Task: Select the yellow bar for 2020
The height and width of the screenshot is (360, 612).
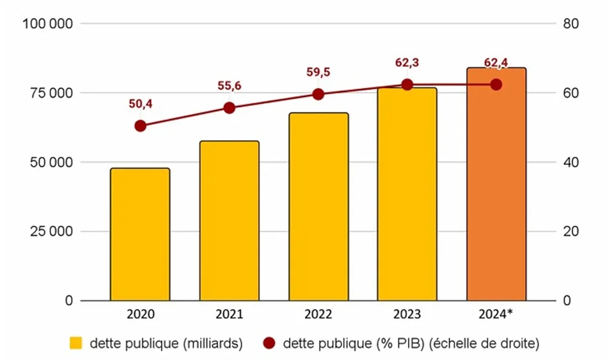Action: click(x=140, y=234)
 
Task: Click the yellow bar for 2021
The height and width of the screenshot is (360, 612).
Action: click(x=229, y=221)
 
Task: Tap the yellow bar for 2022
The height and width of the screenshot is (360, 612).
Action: click(x=319, y=206)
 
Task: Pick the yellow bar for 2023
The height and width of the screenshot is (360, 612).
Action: click(x=407, y=194)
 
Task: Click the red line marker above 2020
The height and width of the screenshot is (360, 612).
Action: click(x=140, y=126)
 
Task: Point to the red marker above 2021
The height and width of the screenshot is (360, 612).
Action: click(x=229, y=108)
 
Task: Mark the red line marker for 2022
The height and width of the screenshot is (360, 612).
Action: click(x=319, y=94)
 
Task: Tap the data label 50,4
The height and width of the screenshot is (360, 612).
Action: click(x=140, y=104)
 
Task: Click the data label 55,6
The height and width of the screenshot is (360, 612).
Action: click(x=229, y=86)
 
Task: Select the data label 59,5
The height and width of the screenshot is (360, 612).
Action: click(x=319, y=72)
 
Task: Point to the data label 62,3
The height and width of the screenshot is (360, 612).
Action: click(x=407, y=62)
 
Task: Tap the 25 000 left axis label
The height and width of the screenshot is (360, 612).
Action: click(x=51, y=231)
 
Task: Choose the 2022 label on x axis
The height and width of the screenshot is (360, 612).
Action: click(x=319, y=315)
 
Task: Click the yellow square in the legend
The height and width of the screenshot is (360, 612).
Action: click(x=76, y=343)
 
